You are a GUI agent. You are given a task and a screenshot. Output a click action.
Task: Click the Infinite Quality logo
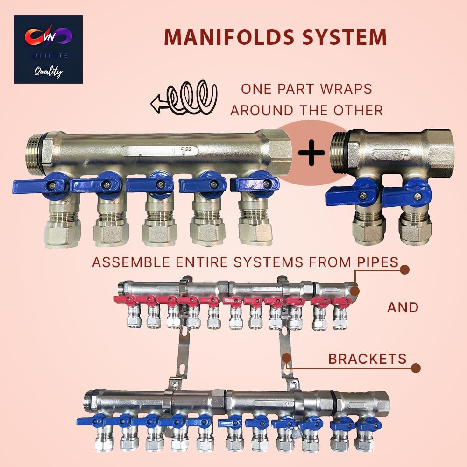48,49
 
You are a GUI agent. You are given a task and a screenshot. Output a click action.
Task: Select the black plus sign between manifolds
311,155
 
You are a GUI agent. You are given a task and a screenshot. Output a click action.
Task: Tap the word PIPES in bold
377,262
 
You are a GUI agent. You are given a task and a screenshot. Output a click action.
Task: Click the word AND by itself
403,307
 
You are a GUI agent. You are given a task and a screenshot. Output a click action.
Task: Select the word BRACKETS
367,359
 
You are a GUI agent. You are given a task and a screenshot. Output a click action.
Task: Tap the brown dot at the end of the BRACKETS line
416,368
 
